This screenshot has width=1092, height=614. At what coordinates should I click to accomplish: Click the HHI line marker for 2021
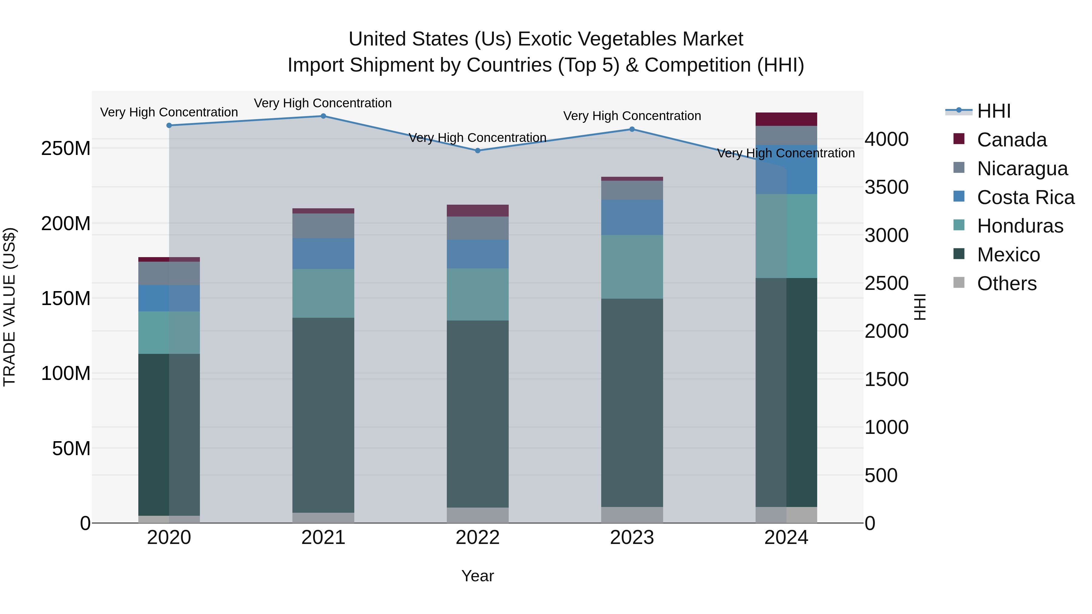point(323,116)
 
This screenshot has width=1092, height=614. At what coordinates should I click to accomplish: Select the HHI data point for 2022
point(477,150)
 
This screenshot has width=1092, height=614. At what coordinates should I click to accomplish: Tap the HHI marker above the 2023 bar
point(632,129)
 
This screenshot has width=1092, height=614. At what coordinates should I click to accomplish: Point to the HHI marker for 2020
point(169,126)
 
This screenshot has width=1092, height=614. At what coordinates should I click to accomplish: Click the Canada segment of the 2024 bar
point(786,119)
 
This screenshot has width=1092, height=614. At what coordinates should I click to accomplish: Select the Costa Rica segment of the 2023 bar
point(632,217)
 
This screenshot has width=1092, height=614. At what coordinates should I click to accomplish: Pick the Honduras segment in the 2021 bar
point(323,293)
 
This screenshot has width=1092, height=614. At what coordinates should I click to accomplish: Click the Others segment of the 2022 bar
point(477,515)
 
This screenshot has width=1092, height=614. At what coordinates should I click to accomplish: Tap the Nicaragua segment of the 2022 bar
point(477,228)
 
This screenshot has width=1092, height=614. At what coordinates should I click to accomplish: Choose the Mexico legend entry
point(1008,255)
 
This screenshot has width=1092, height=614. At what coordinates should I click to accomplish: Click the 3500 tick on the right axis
point(886,187)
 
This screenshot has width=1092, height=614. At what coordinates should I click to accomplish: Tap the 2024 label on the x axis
point(786,538)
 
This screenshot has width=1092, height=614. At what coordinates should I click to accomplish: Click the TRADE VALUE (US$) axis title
point(9,307)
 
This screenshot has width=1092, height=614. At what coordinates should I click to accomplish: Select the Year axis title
point(477,576)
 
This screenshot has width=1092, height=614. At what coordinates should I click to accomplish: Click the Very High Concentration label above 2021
point(323,103)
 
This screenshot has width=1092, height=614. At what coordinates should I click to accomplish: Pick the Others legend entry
point(1006,284)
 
